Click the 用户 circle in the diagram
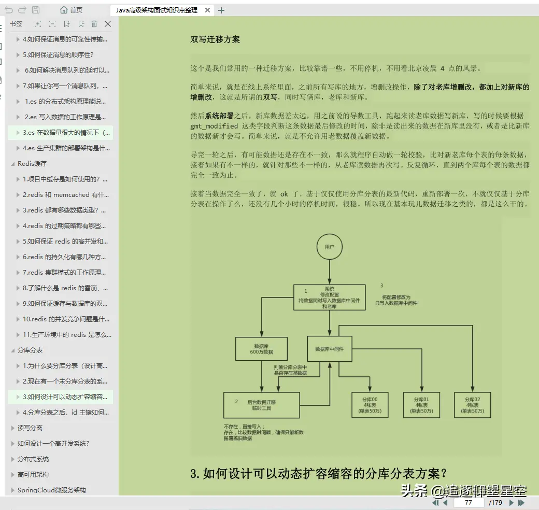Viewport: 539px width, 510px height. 330,247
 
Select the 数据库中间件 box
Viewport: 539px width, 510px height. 333,349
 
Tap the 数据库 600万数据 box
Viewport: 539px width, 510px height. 261,349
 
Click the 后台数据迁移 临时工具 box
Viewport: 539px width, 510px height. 262,405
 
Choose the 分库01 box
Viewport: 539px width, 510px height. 421,405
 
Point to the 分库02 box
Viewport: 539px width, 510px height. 472,405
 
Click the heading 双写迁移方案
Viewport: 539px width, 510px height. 215,39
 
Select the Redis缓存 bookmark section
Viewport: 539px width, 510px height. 32,163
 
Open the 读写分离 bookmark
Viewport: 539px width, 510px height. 30,428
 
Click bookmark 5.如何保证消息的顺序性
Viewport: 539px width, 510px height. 58,54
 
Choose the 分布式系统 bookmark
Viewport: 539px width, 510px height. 33,459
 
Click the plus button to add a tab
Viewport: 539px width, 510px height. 221,10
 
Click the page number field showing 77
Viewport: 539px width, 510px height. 468,502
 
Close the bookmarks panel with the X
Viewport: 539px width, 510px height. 108,24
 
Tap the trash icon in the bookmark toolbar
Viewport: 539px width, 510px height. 94,24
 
